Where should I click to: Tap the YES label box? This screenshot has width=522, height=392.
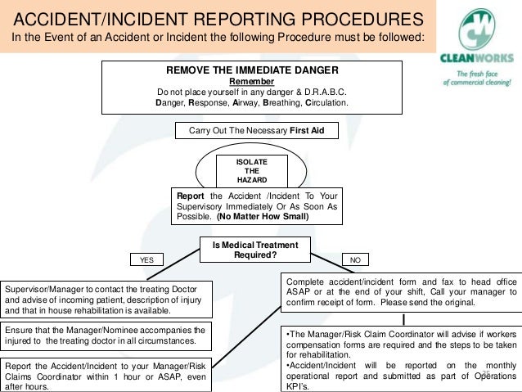click(146, 259)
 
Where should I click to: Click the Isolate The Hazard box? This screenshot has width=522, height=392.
click(251, 171)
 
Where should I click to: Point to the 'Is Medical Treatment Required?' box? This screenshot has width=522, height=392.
click(255, 250)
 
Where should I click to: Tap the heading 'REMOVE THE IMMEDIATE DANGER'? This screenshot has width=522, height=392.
click(252, 70)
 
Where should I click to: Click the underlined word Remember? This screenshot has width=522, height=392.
click(251, 82)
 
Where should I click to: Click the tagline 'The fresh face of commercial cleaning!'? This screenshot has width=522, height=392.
click(478, 77)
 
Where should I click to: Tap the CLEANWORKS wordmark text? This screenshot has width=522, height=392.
click(478, 59)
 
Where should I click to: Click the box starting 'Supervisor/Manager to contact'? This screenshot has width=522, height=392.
click(107, 300)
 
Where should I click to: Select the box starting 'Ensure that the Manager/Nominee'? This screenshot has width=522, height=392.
click(107, 335)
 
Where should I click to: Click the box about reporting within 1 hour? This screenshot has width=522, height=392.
click(107, 376)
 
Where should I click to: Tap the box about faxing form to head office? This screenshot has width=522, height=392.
click(401, 291)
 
